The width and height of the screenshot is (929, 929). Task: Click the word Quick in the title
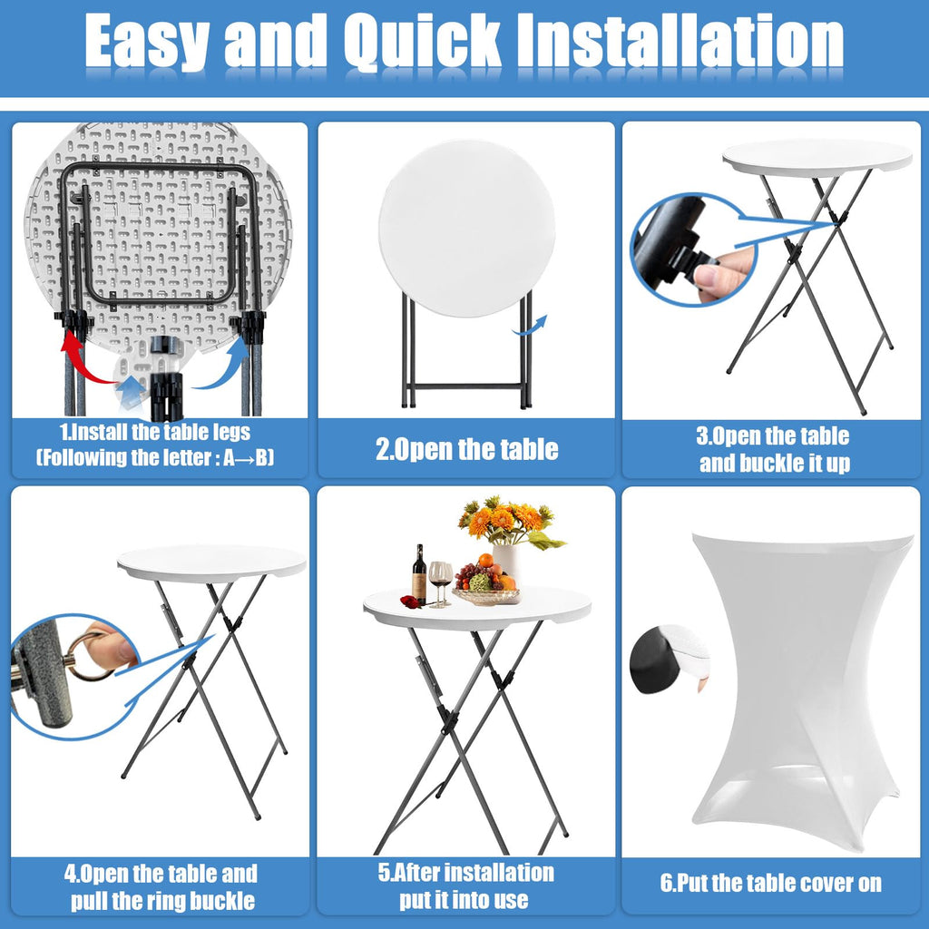(x=423, y=42)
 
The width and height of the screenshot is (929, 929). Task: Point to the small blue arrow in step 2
(x=530, y=326)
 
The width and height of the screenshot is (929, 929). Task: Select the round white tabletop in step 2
(x=467, y=228)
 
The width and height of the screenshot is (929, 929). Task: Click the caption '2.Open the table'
(x=467, y=449)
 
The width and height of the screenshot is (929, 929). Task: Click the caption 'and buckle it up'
(x=775, y=463)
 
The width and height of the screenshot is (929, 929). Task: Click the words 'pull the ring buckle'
(x=163, y=901)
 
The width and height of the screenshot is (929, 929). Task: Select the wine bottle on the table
(x=419, y=574)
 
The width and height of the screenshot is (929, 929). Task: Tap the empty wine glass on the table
(x=439, y=583)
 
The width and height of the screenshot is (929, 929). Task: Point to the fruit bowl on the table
(x=485, y=594)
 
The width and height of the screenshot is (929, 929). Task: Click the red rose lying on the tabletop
(x=410, y=602)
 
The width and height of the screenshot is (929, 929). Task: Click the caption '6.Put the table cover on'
(x=771, y=883)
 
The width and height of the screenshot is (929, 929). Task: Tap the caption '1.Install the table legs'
(x=155, y=432)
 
